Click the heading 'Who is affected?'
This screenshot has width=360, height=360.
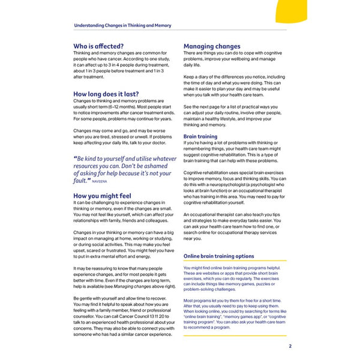[x=98, y=46]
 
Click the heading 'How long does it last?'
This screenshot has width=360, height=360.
[x=106, y=94]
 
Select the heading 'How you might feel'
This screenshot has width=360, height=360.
[x=102, y=196]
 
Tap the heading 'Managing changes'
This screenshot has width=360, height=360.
[x=212, y=46]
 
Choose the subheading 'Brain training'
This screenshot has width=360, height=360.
[x=200, y=137]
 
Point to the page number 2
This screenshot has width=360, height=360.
[x=290, y=346]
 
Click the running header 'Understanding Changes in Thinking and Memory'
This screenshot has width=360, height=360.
[x=122, y=26]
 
